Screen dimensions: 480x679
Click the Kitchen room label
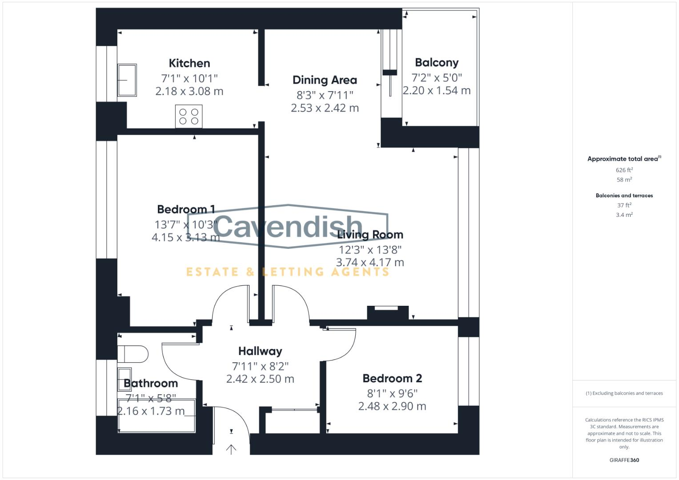click(x=189, y=63)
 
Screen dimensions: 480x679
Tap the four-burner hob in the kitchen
click(x=189, y=116)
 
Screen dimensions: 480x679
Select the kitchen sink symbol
click(x=127, y=80)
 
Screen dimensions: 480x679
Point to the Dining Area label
click(x=325, y=80)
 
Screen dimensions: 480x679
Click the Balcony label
click(x=436, y=63)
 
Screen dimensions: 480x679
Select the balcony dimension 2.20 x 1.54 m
click(x=436, y=90)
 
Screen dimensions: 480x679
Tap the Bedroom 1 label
click(x=186, y=209)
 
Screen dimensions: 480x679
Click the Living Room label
click(x=370, y=234)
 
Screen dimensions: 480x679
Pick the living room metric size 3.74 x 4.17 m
click(x=370, y=262)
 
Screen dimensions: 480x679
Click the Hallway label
click(x=260, y=351)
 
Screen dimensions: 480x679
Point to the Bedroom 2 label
click(x=392, y=378)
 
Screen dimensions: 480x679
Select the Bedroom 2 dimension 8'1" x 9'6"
click(x=392, y=393)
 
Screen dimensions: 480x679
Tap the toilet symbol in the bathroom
click(x=133, y=354)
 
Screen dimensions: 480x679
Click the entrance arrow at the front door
click(x=231, y=449)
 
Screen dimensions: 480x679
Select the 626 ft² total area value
click(x=624, y=170)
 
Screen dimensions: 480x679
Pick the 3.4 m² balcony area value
click(x=624, y=215)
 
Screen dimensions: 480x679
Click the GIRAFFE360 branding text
click(x=624, y=460)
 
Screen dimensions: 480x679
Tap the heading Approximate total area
click(x=623, y=159)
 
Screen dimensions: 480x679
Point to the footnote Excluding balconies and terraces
click(x=624, y=393)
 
